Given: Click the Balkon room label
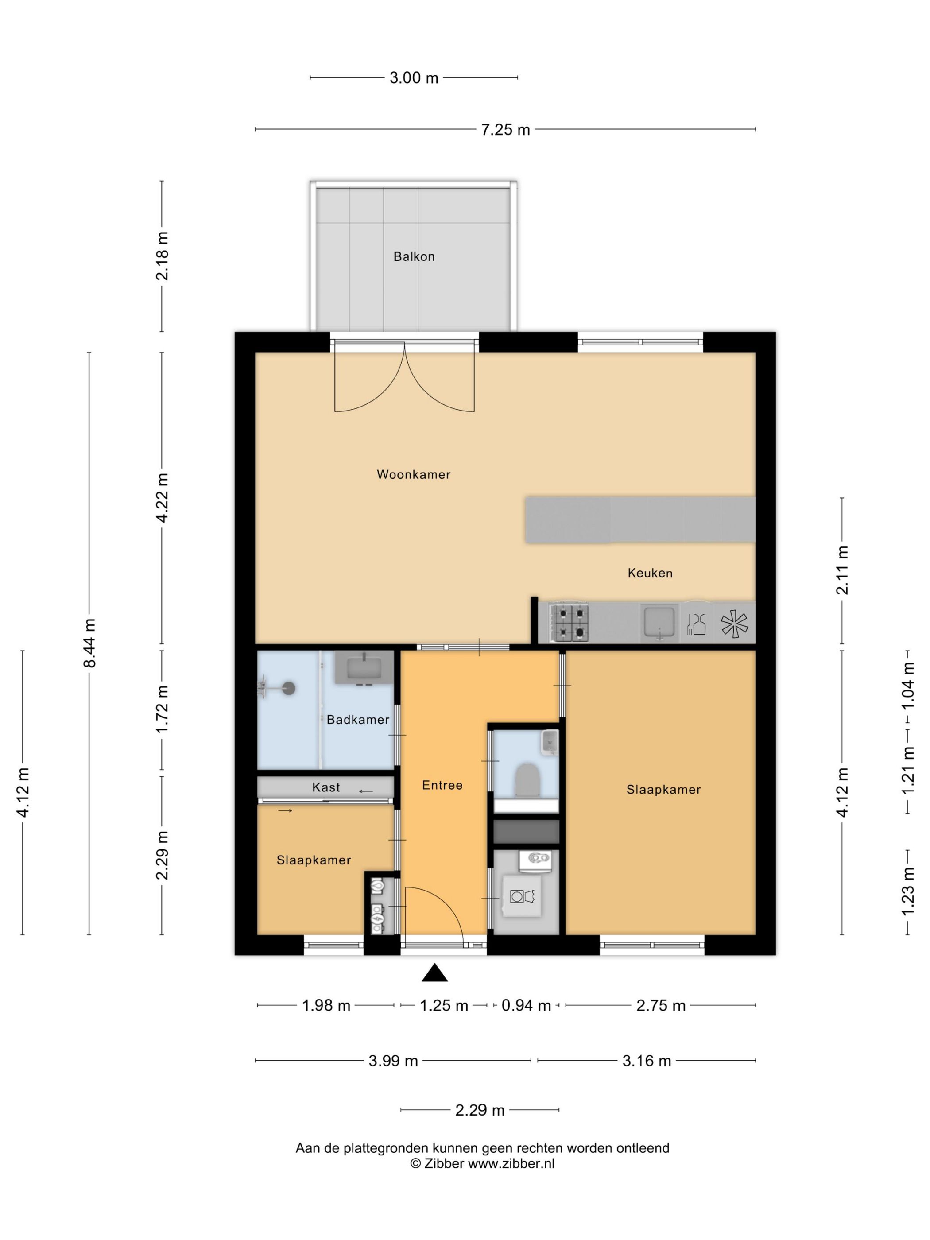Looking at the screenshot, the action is coord(414,256).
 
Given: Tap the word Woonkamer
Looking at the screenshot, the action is coord(414,474).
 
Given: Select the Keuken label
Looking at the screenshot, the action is coord(650,573).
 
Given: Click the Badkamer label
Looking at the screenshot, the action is coord(358,720).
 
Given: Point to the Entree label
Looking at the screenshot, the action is coord(442,785).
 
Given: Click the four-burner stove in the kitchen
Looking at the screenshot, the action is coord(570,622).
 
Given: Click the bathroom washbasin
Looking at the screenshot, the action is coord(365,667).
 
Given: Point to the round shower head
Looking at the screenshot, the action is coord(289,688).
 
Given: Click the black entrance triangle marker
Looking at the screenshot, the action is coord(434,973).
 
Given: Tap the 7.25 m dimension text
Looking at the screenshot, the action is coord(505,129).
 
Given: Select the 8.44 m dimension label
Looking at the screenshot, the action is coord(90,643).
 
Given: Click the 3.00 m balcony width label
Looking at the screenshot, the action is coord(414,78).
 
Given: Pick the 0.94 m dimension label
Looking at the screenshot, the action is coord(526,1006).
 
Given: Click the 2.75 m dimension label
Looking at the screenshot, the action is coord(660,1006).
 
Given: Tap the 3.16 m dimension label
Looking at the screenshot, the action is coord(646,1061).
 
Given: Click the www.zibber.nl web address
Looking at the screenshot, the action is coord(511,1163).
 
